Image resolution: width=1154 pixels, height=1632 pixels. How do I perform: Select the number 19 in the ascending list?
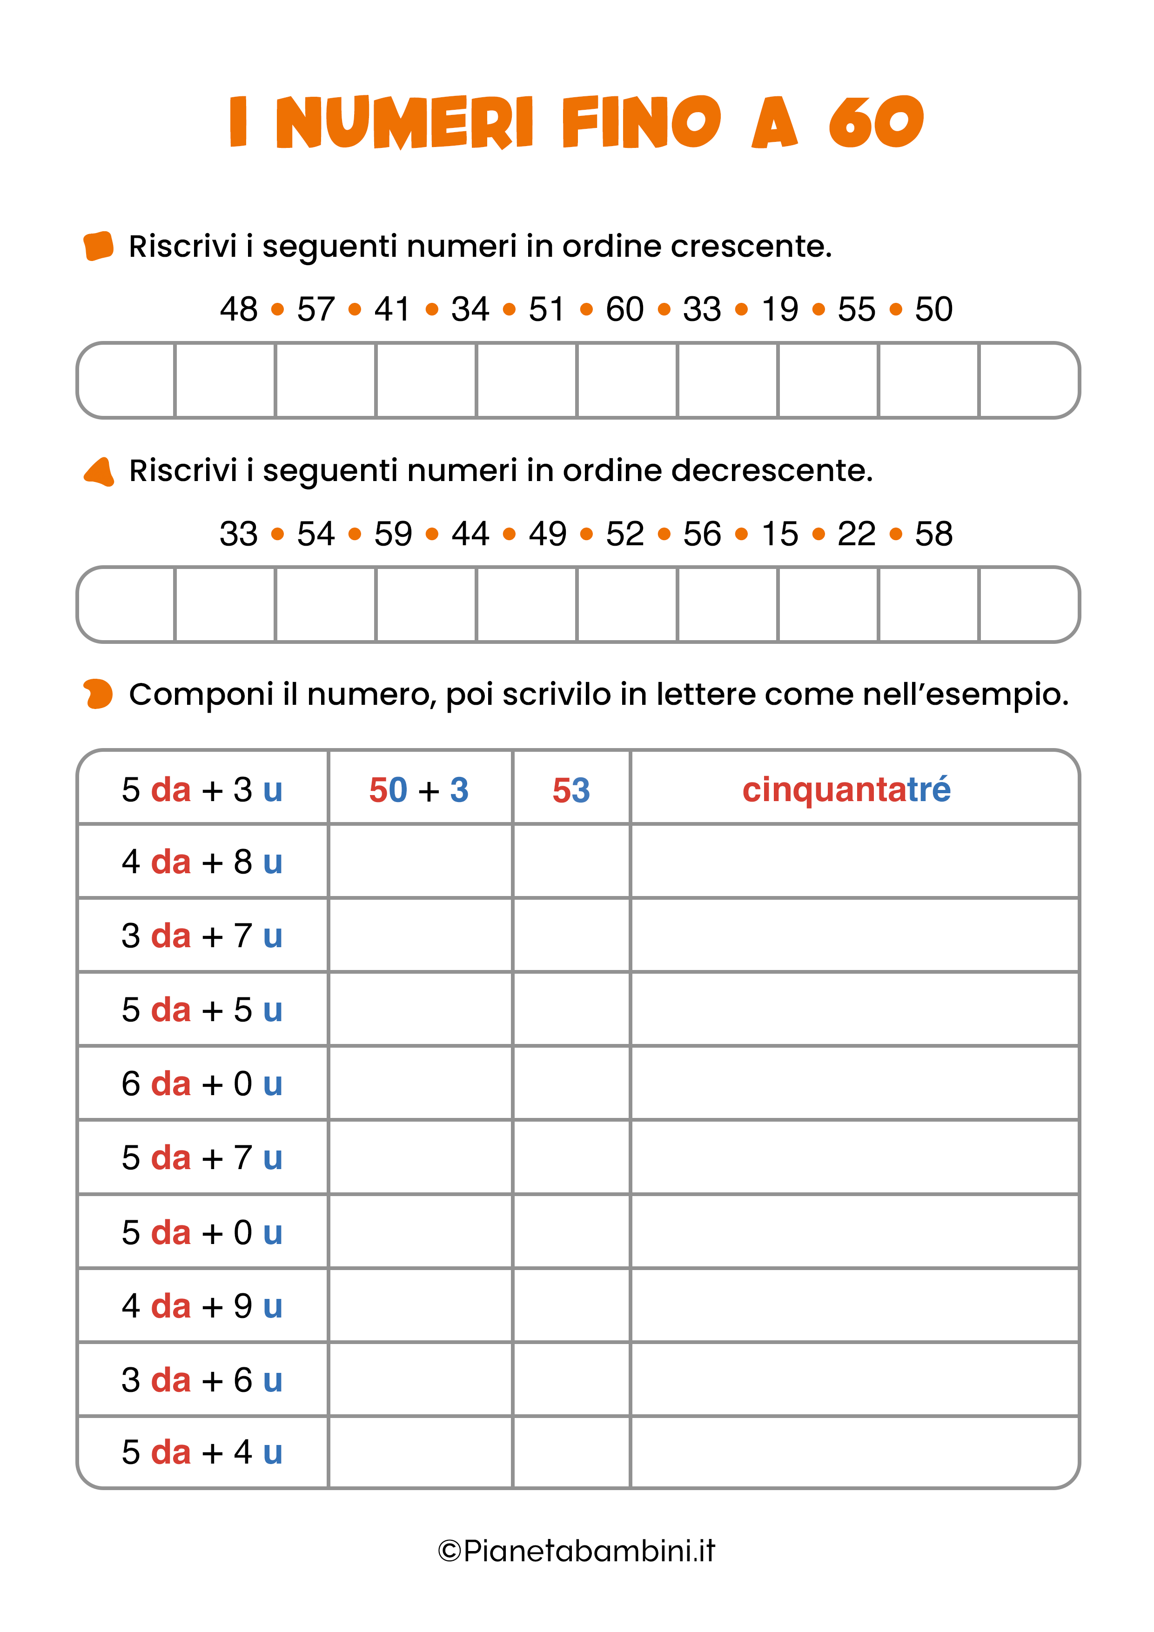[779, 309]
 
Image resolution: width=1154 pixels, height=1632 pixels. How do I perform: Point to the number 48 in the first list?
[238, 309]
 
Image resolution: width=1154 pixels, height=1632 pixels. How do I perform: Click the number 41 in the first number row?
[392, 309]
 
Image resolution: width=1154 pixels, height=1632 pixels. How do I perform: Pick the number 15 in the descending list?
[779, 534]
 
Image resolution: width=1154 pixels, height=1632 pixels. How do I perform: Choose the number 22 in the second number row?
[856, 534]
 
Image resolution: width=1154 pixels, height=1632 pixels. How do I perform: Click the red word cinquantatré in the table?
[846, 789]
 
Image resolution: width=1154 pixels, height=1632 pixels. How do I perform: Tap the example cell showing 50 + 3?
[419, 789]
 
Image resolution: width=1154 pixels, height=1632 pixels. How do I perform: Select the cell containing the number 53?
[571, 789]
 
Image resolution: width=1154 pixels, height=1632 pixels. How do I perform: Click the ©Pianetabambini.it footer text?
[577, 1551]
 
